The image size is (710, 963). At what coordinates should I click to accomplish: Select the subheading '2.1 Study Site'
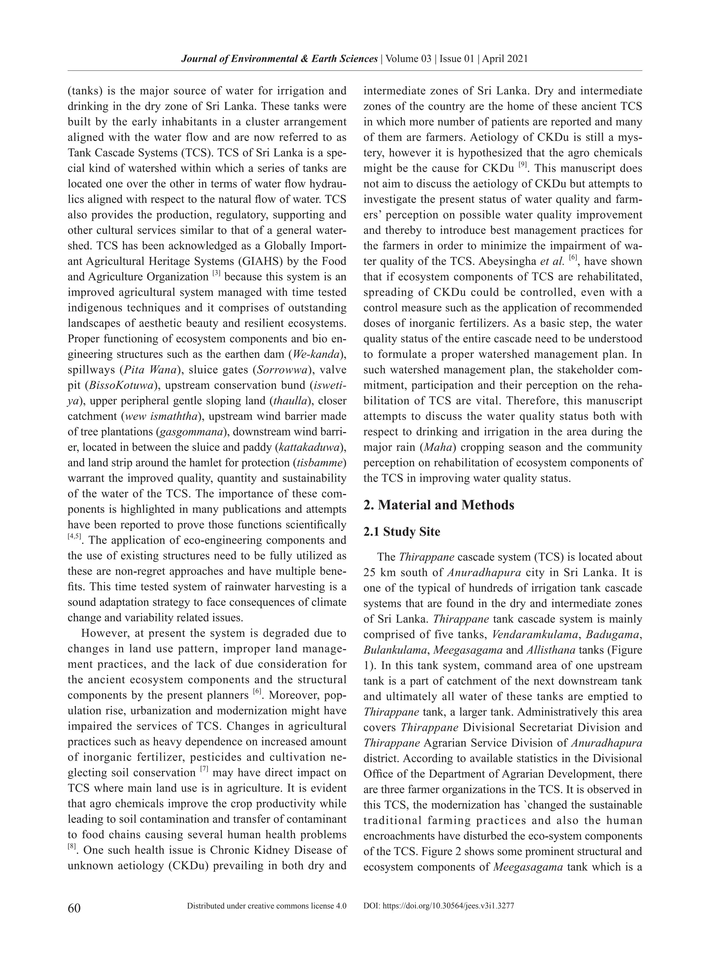click(401, 532)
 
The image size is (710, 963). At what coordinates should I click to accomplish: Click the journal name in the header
click(279, 59)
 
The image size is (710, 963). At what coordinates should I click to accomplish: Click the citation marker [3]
click(217, 274)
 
